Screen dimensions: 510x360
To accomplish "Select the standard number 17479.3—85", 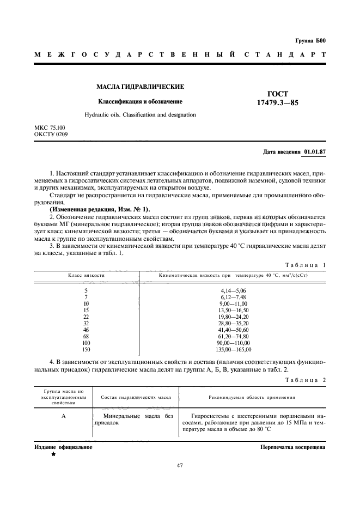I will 278,103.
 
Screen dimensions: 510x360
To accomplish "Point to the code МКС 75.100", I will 50,127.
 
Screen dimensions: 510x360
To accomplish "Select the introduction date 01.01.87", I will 319,151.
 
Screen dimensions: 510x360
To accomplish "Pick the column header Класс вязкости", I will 86,276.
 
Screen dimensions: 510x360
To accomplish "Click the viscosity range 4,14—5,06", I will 234,291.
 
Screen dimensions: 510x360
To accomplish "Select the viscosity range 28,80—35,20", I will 234,324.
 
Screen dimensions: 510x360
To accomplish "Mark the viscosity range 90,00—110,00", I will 234,343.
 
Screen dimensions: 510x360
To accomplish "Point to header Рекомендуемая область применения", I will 252,398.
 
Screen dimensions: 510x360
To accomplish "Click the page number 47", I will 180,465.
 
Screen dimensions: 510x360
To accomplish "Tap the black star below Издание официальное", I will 53,453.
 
